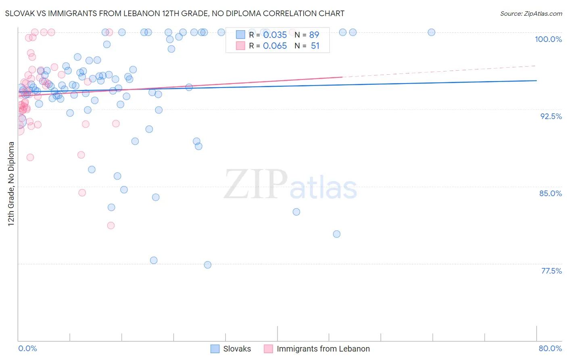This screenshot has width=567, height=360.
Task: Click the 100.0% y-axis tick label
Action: pyautogui.click(x=548, y=39)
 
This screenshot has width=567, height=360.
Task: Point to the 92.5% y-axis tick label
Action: pyautogui.click(x=551, y=116)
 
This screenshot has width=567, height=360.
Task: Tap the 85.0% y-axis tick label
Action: pyautogui.click(x=550, y=193)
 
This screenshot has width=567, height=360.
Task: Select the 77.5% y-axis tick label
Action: pyautogui.click(x=551, y=271)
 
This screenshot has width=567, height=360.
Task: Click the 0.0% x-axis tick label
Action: pyautogui.click(x=27, y=348)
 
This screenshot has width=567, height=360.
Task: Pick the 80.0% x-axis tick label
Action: pyautogui.click(x=550, y=348)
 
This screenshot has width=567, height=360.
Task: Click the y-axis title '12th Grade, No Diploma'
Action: pyautogui.click(x=11, y=184)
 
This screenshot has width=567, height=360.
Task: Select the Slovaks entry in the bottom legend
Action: pyautogui.click(x=237, y=349)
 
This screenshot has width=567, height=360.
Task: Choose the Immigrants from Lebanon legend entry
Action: pyautogui.click(x=323, y=349)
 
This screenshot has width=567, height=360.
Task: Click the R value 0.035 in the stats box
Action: pyautogui.click(x=275, y=35)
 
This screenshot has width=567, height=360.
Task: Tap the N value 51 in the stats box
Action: pyautogui.click(x=315, y=46)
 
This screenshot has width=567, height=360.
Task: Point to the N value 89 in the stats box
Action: pyautogui.click(x=314, y=35)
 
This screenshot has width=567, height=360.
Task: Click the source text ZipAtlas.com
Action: pyautogui.click(x=531, y=13)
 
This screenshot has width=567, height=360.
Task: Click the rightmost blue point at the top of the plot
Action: pyautogui.click(x=432, y=32)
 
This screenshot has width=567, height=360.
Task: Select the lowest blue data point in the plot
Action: pyautogui.click(x=208, y=265)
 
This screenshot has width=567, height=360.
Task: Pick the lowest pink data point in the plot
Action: pyautogui.click(x=111, y=225)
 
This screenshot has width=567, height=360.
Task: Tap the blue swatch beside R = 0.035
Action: pyautogui.click(x=241, y=35)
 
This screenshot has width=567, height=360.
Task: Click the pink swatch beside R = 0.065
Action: pyautogui.click(x=241, y=46)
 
